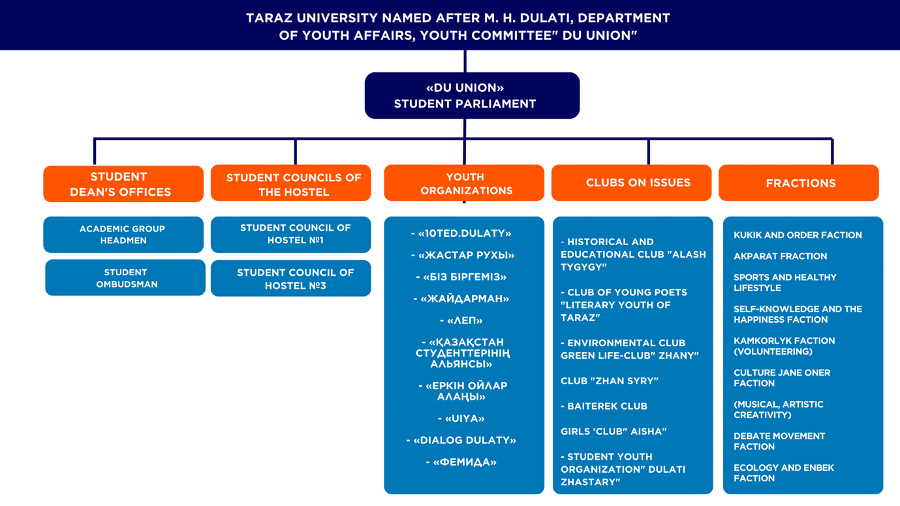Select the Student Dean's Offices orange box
[123, 184]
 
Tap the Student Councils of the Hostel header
[291, 184]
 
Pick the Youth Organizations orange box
[464, 183]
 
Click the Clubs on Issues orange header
[631, 183]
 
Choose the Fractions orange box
[798, 183]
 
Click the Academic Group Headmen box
[123, 235]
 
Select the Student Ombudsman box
[125, 278]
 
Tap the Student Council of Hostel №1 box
[291, 234]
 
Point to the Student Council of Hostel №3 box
[291, 279]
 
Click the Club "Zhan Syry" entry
[610, 381]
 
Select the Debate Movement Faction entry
[779, 441]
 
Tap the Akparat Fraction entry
[780, 256]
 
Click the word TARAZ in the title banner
[268, 18]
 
